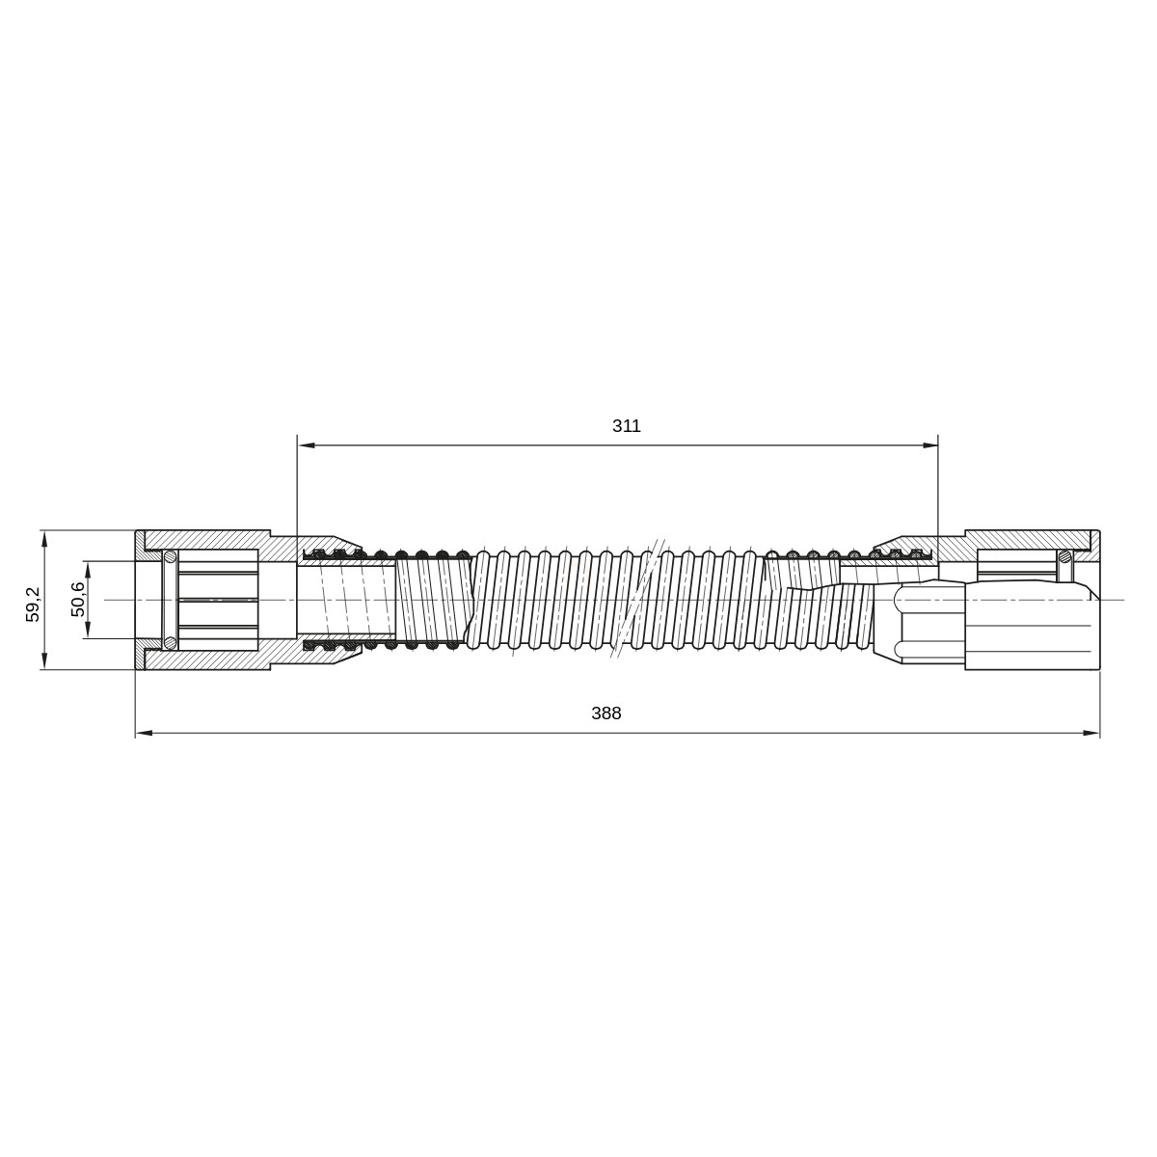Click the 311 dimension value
627,426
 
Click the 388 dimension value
606,713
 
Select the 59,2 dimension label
33,604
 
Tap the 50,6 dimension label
78,599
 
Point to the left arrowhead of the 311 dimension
307,444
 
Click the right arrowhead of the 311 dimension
930,444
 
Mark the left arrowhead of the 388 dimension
144,733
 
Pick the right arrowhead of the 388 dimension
1091,733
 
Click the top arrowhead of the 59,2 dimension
44,539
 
